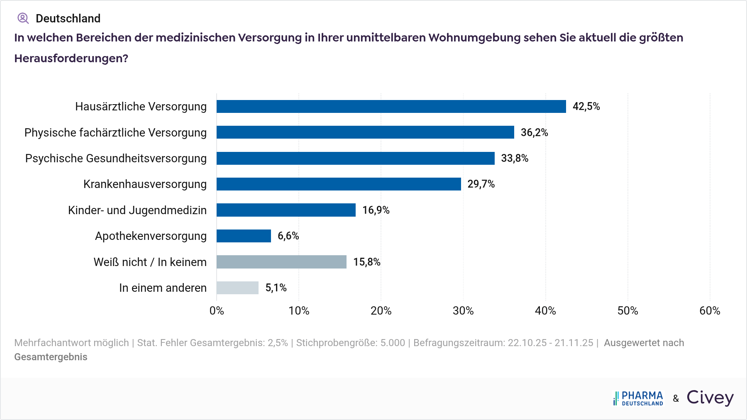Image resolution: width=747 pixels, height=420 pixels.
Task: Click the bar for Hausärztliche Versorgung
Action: click(x=391, y=106)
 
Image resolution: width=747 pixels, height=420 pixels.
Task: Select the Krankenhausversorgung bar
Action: click(x=339, y=184)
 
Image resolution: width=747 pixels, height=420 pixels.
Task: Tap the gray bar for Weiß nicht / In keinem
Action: click(x=281, y=262)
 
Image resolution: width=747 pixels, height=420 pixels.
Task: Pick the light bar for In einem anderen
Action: click(x=237, y=288)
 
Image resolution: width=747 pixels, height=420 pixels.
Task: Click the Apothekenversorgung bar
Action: click(x=244, y=236)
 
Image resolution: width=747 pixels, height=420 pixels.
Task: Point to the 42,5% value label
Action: click(x=586, y=107)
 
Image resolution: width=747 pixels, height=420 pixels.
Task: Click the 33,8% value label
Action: click(x=515, y=158)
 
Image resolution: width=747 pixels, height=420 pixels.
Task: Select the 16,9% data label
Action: click(x=376, y=210)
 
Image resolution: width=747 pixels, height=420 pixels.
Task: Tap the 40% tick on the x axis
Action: click(x=545, y=310)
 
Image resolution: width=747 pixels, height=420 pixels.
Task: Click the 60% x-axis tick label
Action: click(x=710, y=310)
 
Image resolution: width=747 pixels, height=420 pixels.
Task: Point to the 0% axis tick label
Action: click(x=217, y=310)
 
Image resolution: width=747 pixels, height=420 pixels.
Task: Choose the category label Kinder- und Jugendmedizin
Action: click(x=137, y=210)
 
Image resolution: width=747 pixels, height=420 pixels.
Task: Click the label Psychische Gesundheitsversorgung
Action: click(x=116, y=158)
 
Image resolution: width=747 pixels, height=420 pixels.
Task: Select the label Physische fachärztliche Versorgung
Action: click(x=115, y=132)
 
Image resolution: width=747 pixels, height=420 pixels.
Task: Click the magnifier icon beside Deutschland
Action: click(x=23, y=18)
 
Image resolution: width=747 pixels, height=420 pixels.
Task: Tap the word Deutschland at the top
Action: click(x=68, y=18)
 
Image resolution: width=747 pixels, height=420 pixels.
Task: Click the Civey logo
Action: click(x=710, y=398)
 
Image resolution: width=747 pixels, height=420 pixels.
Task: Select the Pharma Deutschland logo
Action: click(x=638, y=398)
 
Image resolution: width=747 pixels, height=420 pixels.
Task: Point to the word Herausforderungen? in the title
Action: click(x=71, y=58)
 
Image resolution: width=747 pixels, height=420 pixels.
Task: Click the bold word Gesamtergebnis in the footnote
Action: click(x=51, y=357)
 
